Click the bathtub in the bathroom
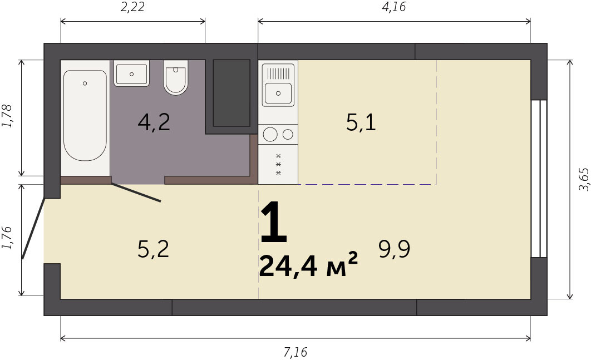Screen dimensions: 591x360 (85, 115)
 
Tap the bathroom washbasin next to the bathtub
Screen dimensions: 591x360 (131, 73)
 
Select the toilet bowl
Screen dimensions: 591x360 (176, 77)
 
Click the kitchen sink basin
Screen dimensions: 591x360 (278, 93)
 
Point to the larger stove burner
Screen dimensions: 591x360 (270, 134)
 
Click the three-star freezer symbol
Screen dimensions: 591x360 (279, 164)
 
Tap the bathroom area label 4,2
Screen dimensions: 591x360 (154, 122)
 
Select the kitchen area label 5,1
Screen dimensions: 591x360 (361, 122)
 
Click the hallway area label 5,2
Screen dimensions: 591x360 (153, 249)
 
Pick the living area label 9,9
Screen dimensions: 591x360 (394, 249)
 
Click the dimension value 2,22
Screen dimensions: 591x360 (132, 7)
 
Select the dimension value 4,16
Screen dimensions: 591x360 (394, 7)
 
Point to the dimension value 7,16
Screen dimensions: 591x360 (295, 352)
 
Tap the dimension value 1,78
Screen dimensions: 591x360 (7, 116)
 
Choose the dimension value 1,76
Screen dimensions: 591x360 (7, 238)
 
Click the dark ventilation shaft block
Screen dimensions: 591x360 (232, 93)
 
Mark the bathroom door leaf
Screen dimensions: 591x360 (136, 193)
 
